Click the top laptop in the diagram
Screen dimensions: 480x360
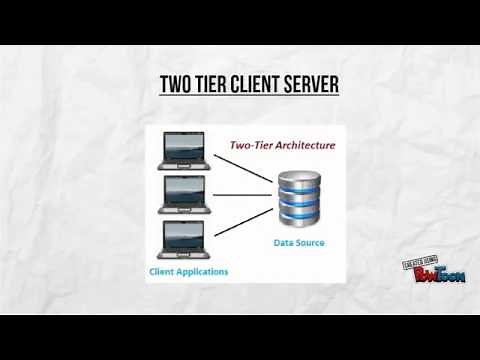tap(184, 151)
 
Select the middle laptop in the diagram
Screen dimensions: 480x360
tap(184, 195)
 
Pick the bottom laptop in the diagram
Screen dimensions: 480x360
tap(184, 240)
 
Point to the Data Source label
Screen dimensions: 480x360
tap(299, 243)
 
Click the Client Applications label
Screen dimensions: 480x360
tap(188, 272)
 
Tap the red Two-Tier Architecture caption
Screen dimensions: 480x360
tap(283, 146)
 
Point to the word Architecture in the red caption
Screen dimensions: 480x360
tap(302, 146)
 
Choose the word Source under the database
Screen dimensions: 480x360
tap(310, 243)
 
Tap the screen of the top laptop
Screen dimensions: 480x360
tap(184, 146)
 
